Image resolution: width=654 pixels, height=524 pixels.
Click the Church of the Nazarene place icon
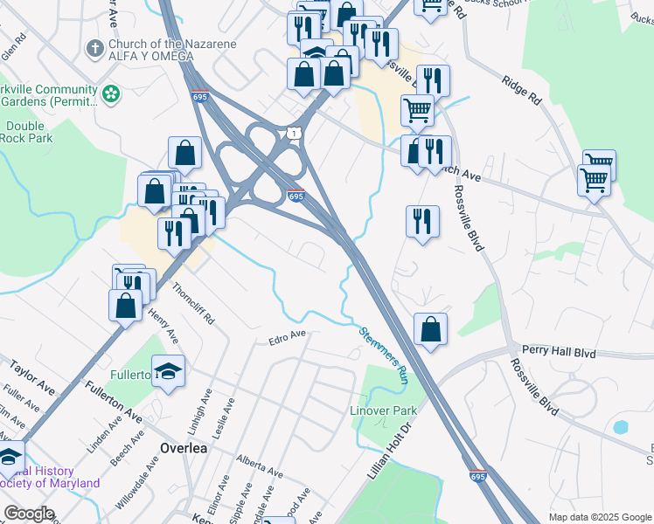click(94, 47)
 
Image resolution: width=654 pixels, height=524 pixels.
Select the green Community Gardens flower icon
click(111, 92)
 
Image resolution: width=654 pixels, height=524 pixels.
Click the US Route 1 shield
click(293, 133)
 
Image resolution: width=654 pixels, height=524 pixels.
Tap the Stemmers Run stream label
click(384, 355)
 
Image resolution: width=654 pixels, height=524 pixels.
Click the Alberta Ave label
click(259, 466)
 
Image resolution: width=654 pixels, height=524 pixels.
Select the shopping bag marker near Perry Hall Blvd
click(430, 329)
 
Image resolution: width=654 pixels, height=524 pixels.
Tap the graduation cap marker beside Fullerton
click(169, 371)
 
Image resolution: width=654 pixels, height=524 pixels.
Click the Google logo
click(29, 514)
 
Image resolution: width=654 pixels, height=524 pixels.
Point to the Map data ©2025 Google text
click(599, 517)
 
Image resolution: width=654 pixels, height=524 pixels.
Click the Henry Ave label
click(163, 325)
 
